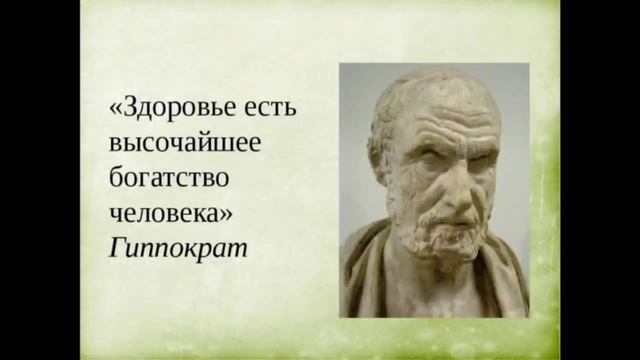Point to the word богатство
pyautogui.click(x=170, y=177)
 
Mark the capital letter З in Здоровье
pyautogui.click(x=130, y=106)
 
